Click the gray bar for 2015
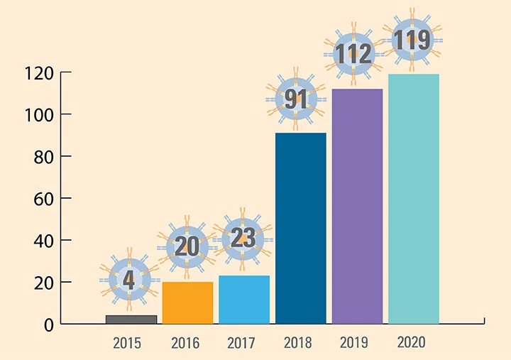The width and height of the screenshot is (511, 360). (x=131, y=320)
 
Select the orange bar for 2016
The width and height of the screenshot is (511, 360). (x=187, y=303)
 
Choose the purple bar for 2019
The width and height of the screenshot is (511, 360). (x=357, y=207)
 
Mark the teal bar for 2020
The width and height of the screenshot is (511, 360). (x=413, y=200)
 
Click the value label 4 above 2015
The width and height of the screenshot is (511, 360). (x=129, y=280)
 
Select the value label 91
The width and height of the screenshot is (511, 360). (x=296, y=99)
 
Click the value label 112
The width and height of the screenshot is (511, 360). (x=354, y=53)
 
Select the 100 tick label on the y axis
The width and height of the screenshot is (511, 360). (x=39, y=114)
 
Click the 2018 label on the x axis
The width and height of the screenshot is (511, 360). (x=297, y=343)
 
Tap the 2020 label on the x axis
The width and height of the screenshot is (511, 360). (x=411, y=343)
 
